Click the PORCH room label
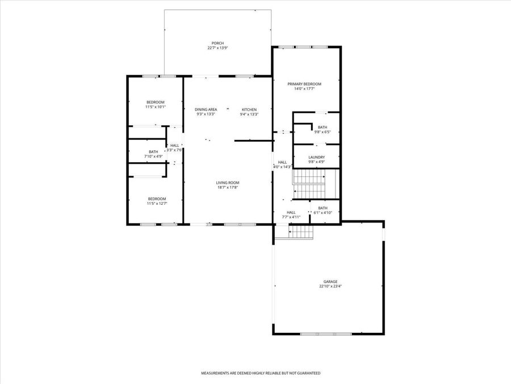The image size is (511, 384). (x=217, y=43)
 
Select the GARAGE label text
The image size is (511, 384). (x=330, y=282)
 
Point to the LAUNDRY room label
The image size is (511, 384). (x=317, y=157)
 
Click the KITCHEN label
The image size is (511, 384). (x=249, y=109)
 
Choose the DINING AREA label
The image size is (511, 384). (x=206, y=109)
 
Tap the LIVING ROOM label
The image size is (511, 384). (x=227, y=183)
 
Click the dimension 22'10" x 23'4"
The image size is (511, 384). (x=330, y=286)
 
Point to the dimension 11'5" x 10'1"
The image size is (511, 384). (x=156, y=107)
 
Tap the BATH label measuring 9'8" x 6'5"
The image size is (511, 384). (x=322, y=127)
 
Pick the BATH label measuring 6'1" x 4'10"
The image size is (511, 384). (x=322, y=208)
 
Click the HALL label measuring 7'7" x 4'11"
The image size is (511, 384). (x=291, y=212)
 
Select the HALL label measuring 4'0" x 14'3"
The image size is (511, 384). (x=282, y=162)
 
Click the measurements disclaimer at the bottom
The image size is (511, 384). (x=261, y=373)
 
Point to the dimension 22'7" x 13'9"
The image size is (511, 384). (x=217, y=48)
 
